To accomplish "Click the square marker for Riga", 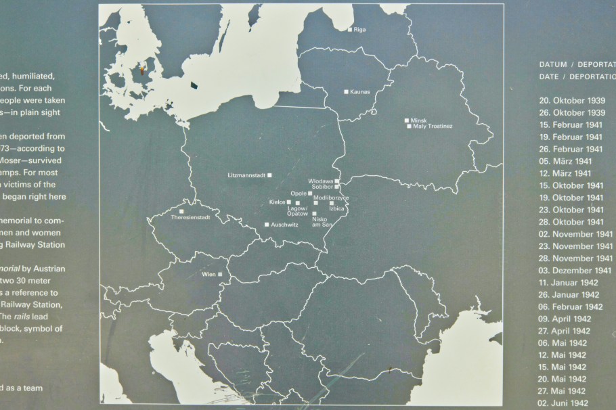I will tap(349, 30).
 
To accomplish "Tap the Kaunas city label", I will tap(360, 92).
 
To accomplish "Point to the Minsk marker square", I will tap(406, 120).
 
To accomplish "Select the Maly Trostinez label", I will tap(433, 127).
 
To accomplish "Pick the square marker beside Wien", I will tap(219, 274).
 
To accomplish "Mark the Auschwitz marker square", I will tap(267, 225).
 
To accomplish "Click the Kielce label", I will tap(277, 202).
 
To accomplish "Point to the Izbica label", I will tap(336, 208).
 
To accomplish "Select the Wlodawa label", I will tap(320, 181).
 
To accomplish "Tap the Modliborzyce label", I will tap(332, 197).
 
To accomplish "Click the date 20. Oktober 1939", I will tap(572, 100).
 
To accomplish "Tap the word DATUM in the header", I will tap(552, 65).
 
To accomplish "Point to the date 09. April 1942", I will tap(565, 319).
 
